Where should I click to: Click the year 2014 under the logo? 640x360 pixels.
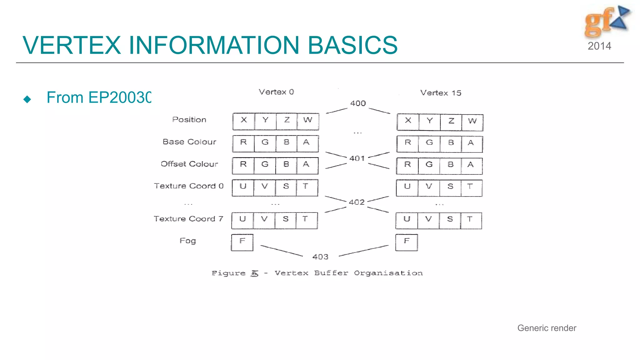(x=599, y=46)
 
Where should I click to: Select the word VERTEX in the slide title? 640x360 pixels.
(x=72, y=45)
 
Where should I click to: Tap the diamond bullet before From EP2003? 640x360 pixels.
(x=27, y=99)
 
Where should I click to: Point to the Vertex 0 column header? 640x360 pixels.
(x=276, y=92)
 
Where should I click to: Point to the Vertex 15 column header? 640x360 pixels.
(x=441, y=93)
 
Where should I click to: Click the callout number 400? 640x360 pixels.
(x=358, y=103)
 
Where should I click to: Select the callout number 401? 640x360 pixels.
(x=357, y=158)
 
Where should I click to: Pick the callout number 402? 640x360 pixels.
(x=357, y=202)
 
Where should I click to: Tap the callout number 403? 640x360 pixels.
(x=320, y=257)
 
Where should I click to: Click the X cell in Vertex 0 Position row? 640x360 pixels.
(x=244, y=121)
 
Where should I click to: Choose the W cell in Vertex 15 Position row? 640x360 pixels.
(x=472, y=122)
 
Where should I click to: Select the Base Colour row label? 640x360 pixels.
(x=189, y=142)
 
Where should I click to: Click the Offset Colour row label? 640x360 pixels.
(x=189, y=164)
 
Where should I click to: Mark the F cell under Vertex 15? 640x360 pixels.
(x=407, y=242)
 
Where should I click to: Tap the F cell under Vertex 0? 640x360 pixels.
(x=242, y=242)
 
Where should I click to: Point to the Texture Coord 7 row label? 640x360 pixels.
(x=188, y=219)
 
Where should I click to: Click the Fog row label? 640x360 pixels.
(x=188, y=241)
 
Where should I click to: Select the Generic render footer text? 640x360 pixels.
(x=547, y=328)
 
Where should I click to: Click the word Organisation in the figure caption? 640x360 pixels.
(x=388, y=273)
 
